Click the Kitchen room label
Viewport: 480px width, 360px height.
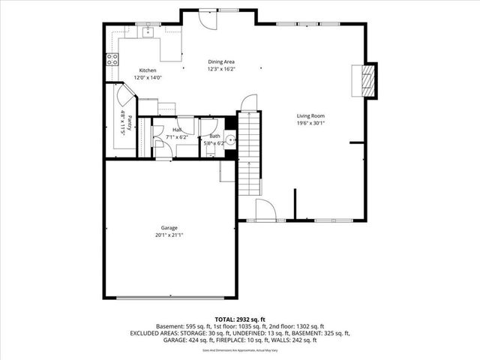(147, 70)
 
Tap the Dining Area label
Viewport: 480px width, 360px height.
(221, 61)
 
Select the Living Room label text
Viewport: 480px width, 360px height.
(310, 115)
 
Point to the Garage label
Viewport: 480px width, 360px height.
(169, 227)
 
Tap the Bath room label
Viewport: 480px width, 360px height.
(214, 136)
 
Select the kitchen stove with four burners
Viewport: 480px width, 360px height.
(112, 59)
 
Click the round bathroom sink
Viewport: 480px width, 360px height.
(230, 138)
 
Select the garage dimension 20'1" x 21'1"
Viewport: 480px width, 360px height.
(169, 235)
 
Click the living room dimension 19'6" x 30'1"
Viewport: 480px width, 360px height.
(310, 123)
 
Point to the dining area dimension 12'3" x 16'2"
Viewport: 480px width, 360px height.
(221, 69)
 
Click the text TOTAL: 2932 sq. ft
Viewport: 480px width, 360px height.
(240, 319)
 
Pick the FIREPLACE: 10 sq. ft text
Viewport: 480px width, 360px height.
(256, 339)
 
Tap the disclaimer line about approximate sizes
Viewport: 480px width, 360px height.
(240, 349)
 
